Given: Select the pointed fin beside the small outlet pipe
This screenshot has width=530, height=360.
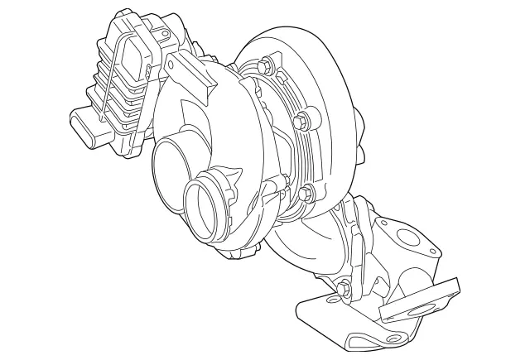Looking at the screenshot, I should click(234, 176).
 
